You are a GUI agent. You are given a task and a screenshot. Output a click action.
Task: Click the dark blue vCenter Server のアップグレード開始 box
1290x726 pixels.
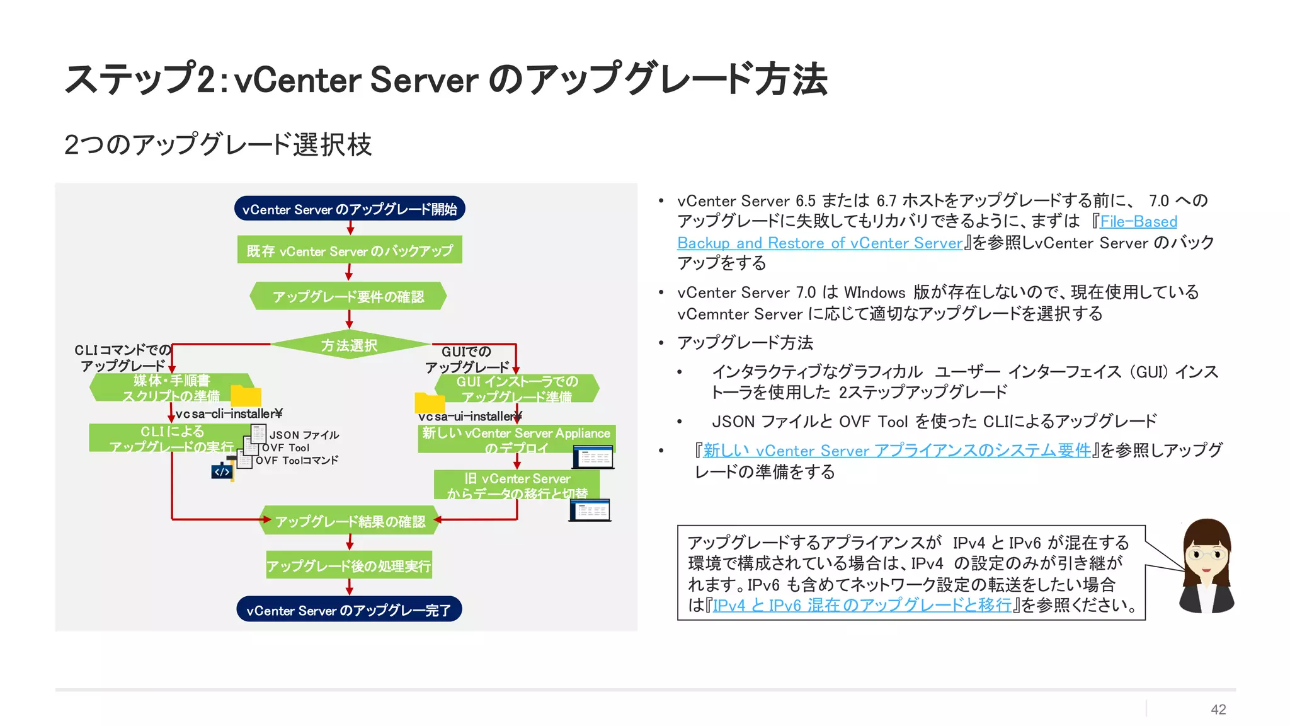click(x=350, y=209)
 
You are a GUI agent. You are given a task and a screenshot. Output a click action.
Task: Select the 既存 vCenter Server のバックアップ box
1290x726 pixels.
click(x=350, y=250)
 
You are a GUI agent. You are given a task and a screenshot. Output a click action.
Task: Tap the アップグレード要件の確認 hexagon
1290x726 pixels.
click(x=348, y=296)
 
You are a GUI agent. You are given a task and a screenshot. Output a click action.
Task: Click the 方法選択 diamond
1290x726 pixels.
click(x=350, y=345)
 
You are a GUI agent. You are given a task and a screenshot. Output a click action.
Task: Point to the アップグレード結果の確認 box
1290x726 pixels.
click(x=350, y=521)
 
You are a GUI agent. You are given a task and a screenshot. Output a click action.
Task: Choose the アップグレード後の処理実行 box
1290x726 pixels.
click(x=349, y=565)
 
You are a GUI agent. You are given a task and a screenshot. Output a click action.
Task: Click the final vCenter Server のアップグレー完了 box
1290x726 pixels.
click(x=349, y=609)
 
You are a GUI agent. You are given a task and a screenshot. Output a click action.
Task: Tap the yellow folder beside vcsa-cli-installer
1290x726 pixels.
click(x=246, y=396)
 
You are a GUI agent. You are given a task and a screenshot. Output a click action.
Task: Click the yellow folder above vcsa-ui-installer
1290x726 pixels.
click(x=430, y=403)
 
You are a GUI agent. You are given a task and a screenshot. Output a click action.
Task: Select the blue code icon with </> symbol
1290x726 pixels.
click(x=222, y=471)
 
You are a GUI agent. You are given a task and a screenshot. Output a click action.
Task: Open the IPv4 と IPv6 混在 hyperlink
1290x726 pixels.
click(x=862, y=606)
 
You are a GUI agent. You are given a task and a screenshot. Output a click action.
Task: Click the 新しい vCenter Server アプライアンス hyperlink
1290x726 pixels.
click(x=897, y=451)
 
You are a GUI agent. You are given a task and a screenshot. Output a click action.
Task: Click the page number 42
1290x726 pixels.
click(x=1218, y=710)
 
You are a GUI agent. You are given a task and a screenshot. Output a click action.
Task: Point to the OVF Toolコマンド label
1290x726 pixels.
click(x=297, y=461)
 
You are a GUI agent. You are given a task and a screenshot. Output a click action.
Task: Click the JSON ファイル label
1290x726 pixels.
click(x=304, y=435)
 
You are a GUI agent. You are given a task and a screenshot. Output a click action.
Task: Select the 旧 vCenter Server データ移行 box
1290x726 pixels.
click(x=517, y=485)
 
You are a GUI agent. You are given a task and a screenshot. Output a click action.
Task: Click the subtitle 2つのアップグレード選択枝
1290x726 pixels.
click(x=218, y=144)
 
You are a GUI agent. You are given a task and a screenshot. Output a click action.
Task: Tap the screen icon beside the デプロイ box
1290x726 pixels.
click(x=593, y=457)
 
